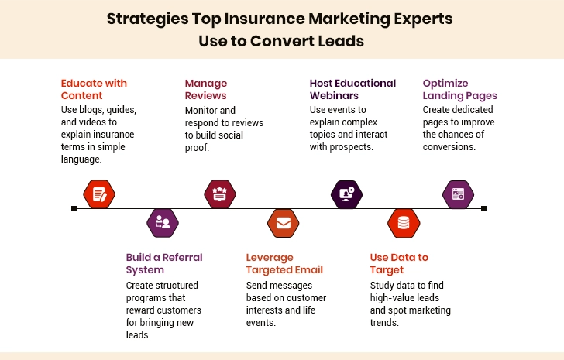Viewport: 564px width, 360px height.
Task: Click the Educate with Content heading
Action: click(x=93, y=89)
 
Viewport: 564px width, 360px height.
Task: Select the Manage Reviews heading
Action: click(x=205, y=89)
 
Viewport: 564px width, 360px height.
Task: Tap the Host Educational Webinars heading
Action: click(x=352, y=89)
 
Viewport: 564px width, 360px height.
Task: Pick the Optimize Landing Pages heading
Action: click(x=459, y=89)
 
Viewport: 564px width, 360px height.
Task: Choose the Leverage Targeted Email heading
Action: click(x=284, y=263)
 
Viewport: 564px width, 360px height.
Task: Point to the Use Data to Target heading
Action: click(x=399, y=263)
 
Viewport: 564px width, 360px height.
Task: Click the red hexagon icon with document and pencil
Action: click(x=99, y=194)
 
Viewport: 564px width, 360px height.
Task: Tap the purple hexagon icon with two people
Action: click(x=163, y=223)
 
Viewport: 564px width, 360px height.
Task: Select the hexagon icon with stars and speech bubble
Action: click(x=219, y=194)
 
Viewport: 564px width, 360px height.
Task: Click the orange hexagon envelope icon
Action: click(x=283, y=223)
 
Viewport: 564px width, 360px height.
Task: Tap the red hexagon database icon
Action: click(x=403, y=223)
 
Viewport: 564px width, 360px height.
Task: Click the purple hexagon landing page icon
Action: click(x=458, y=194)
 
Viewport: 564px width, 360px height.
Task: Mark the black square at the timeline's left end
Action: click(x=74, y=208)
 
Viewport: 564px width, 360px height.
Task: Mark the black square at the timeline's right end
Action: click(x=483, y=208)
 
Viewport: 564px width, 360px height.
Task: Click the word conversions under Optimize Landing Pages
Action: click(x=449, y=146)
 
